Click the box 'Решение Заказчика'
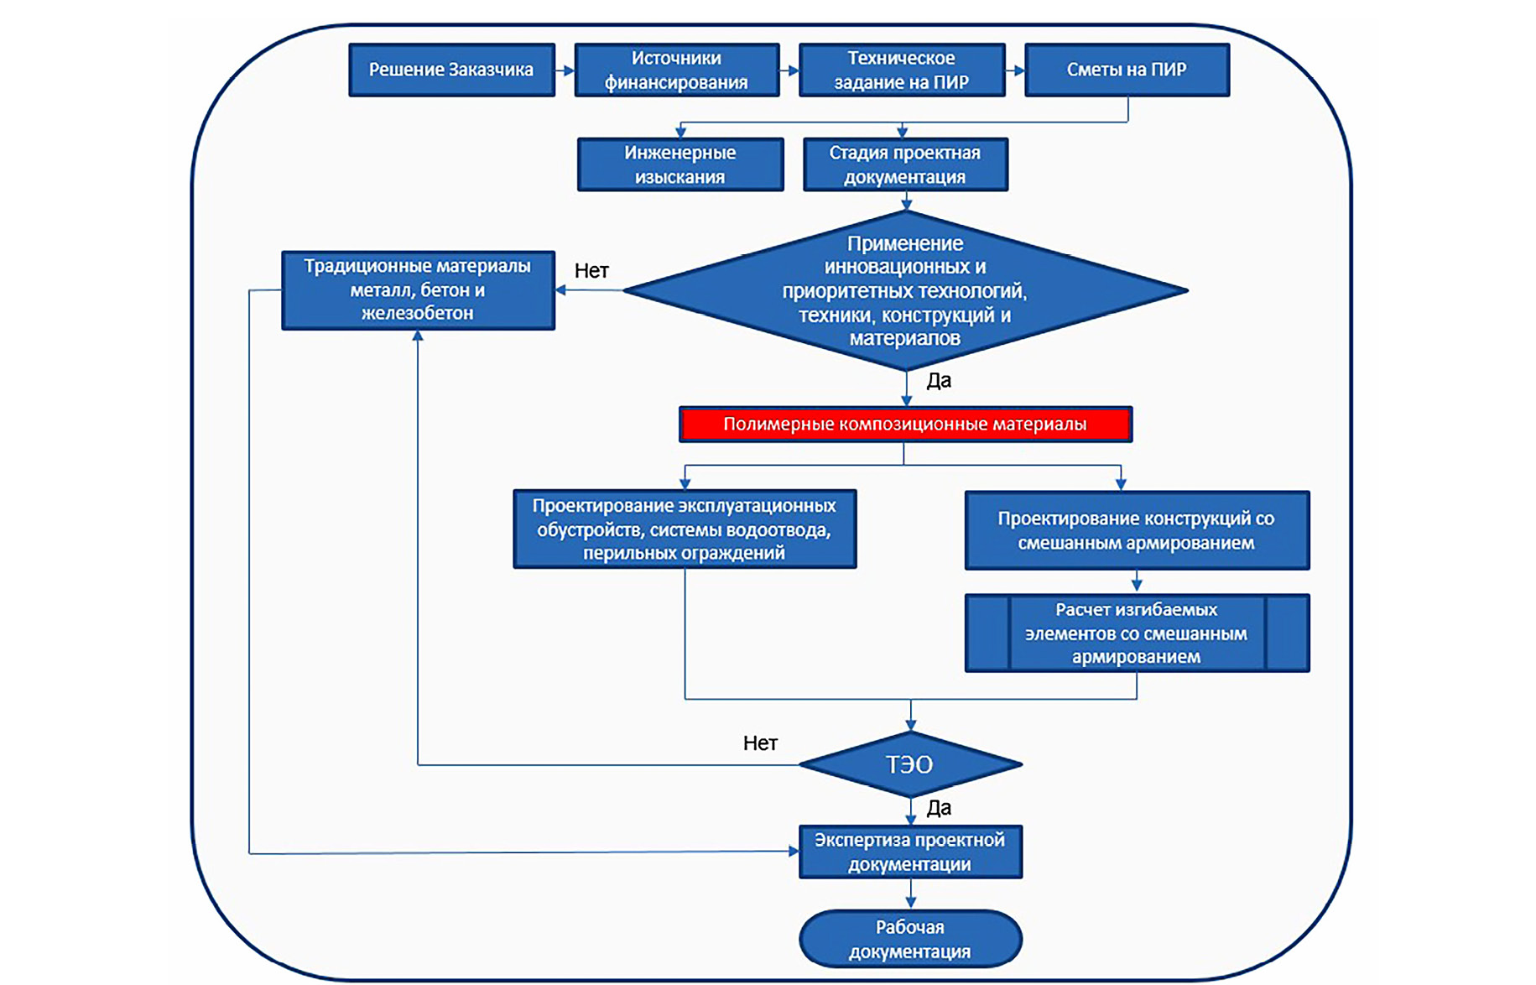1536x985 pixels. (x=451, y=70)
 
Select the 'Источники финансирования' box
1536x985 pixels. (x=676, y=70)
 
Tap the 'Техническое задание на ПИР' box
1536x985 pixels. (x=901, y=70)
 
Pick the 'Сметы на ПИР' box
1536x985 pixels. (x=1127, y=70)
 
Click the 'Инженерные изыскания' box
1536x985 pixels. (x=679, y=164)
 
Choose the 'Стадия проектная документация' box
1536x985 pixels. (x=904, y=164)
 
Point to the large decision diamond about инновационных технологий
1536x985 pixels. (x=904, y=290)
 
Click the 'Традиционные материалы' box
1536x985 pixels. (x=418, y=290)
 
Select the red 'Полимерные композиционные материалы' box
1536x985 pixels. (x=904, y=425)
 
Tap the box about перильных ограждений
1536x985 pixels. (x=685, y=529)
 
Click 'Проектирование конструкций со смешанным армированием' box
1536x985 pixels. (x=1136, y=530)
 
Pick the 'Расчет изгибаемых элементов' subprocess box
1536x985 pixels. (x=1136, y=633)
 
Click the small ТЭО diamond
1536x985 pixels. (x=910, y=764)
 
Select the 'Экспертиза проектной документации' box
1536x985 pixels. (x=910, y=852)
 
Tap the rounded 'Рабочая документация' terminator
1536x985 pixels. (x=910, y=939)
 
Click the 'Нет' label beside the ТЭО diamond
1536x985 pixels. (x=760, y=743)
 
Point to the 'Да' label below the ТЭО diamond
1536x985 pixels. (x=939, y=808)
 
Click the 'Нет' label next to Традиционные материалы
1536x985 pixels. (x=591, y=271)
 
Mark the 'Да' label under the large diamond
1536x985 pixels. (x=939, y=381)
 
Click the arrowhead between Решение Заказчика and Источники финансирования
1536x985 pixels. (x=568, y=71)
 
